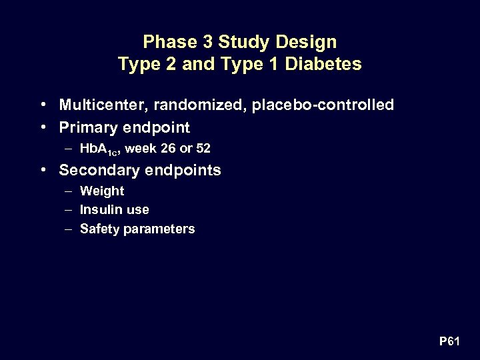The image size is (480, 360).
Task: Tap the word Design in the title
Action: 309,43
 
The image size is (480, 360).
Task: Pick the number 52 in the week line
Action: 202,149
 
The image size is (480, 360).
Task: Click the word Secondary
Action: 91,170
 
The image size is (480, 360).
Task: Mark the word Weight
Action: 102,191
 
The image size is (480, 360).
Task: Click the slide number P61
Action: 450,342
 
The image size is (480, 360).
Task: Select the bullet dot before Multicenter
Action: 43,105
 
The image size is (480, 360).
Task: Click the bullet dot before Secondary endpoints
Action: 43,170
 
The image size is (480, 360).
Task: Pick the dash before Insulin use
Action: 69,209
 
